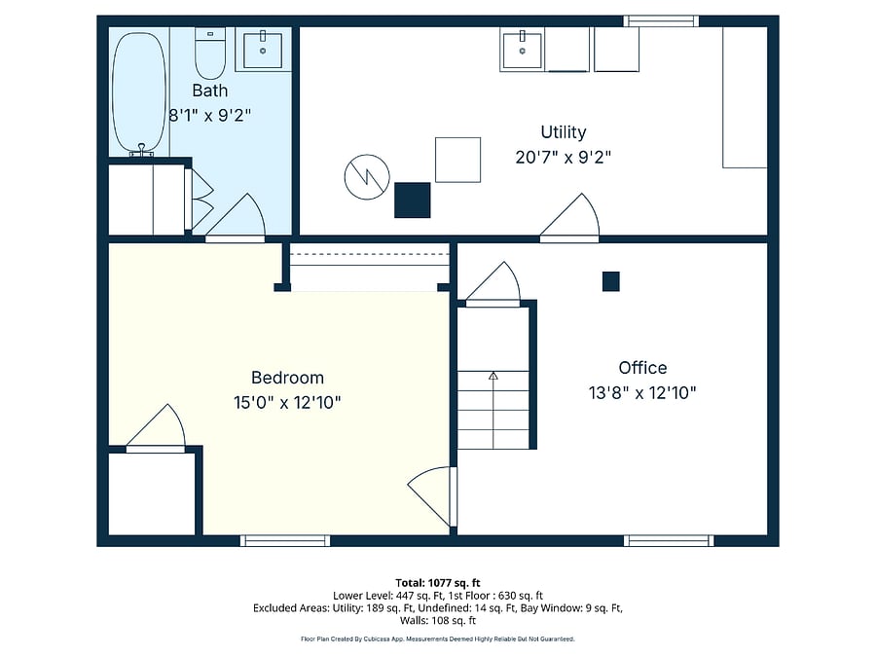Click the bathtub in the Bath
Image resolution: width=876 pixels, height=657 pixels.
[x=139, y=92]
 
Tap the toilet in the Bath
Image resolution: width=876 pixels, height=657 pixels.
[x=210, y=54]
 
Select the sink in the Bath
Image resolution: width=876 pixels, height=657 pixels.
[x=263, y=50]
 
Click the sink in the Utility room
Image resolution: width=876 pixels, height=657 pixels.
[x=523, y=51]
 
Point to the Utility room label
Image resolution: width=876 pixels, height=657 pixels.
[x=564, y=131]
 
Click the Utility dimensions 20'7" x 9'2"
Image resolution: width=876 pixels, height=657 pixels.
[x=564, y=157]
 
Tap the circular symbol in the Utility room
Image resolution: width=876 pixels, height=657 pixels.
[x=367, y=176]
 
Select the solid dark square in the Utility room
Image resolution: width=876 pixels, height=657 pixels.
[x=413, y=200]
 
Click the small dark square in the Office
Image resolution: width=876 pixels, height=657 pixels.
[x=611, y=281]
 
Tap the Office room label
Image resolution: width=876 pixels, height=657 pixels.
[x=642, y=368]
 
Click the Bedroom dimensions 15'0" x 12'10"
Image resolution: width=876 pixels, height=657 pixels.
[x=287, y=402]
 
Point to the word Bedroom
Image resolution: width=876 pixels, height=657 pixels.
[x=287, y=378]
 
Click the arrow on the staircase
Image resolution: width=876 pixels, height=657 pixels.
[x=493, y=411]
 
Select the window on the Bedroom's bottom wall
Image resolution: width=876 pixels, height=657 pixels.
[x=285, y=541]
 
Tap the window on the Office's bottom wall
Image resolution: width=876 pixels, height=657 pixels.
[x=669, y=541]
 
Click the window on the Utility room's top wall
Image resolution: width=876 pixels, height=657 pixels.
[x=661, y=21]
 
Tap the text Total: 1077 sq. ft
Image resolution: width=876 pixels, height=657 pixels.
[x=438, y=583]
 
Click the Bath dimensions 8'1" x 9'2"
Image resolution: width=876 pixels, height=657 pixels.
[x=210, y=116]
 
